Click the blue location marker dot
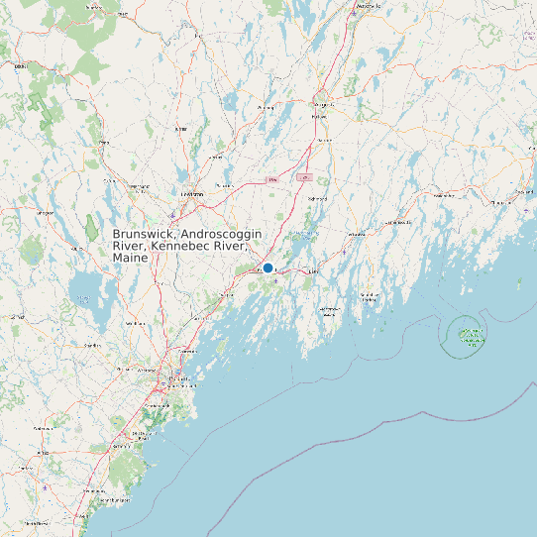(268, 268)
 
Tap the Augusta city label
(320, 104)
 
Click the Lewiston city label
(191, 193)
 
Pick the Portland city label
(178, 377)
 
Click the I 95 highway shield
(271, 179)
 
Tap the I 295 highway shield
(304, 177)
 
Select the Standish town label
(92, 345)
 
